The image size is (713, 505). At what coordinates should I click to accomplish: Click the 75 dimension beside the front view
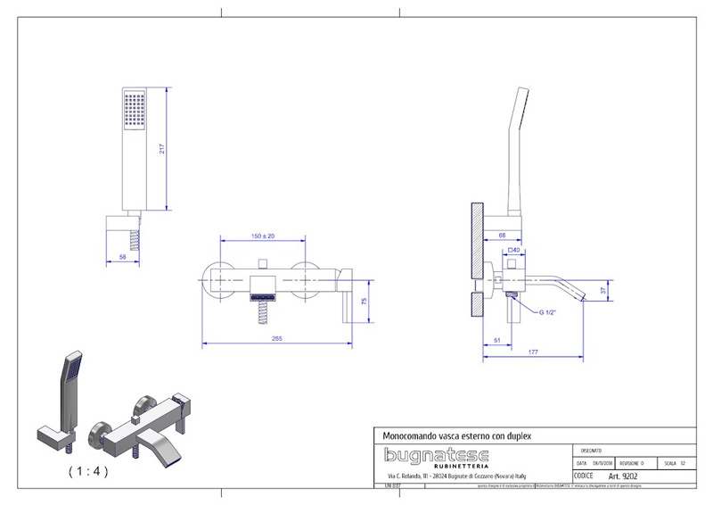(x=364, y=301)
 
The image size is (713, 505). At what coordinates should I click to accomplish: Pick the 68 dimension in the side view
(x=502, y=235)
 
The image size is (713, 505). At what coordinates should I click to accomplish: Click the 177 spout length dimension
(x=533, y=353)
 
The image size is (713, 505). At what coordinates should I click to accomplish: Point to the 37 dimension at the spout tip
(x=603, y=289)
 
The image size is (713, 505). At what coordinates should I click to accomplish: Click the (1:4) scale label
(x=86, y=471)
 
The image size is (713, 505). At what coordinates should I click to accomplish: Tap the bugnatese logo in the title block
(x=429, y=455)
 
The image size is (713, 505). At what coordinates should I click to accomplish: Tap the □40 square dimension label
(x=513, y=250)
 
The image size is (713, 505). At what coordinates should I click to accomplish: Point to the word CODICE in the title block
(x=585, y=476)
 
